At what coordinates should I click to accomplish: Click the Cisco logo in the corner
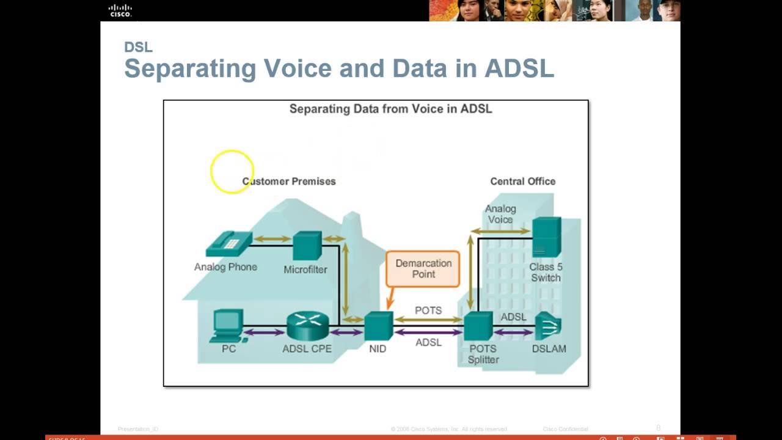(x=120, y=10)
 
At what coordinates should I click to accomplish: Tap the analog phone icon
(x=228, y=244)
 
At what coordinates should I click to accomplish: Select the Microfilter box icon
(x=307, y=246)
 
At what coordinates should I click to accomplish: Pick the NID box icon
(x=378, y=326)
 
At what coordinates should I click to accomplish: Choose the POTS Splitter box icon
(x=478, y=326)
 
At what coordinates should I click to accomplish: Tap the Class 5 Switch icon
(x=546, y=238)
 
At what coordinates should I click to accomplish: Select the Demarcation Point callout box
(x=423, y=269)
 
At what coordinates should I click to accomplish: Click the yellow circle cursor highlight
(x=232, y=172)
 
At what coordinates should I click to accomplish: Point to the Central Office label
(x=522, y=182)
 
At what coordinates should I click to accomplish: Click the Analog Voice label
(x=500, y=214)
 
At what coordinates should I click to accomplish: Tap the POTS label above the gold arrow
(x=428, y=310)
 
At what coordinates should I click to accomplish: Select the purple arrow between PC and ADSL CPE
(x=264, y=332)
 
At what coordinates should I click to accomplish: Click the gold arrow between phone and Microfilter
(x=272, y=239)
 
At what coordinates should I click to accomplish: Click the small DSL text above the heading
(x=138, y=47)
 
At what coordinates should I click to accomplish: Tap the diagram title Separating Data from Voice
(x=390, y=109)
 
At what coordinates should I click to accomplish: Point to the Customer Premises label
(x=289, y=182)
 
